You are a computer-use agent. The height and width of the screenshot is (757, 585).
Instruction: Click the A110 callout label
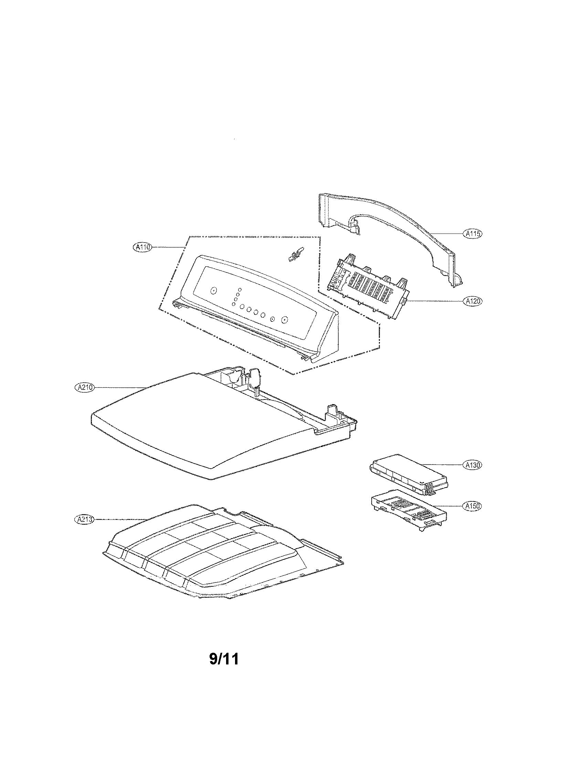point(142,247)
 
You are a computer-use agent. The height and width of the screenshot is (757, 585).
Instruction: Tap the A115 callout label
point(473,234)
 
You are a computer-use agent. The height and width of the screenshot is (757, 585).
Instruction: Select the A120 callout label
point(473,301)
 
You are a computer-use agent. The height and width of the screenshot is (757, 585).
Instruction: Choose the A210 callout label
point(84,387)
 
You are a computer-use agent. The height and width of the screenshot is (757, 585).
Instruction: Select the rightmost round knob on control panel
point(285,320)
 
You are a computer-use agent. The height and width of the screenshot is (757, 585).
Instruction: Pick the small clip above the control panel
point(294,254)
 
